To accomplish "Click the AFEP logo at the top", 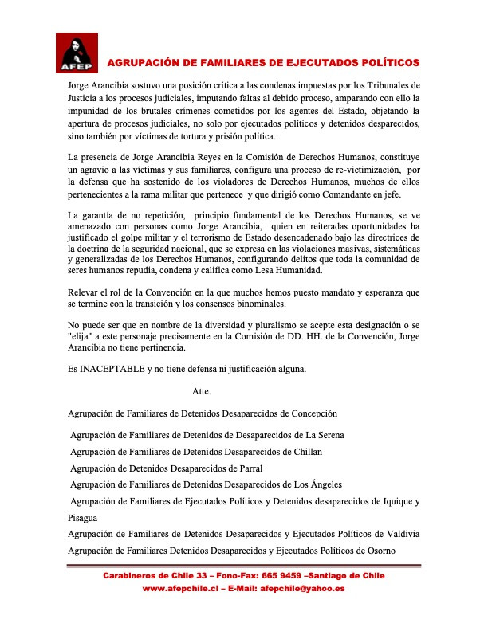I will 77,53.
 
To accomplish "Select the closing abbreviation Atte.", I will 203,391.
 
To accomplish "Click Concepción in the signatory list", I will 309,413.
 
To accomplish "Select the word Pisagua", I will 85,517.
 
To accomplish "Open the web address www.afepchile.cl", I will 181,588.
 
